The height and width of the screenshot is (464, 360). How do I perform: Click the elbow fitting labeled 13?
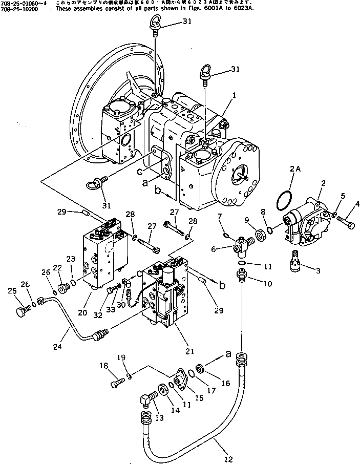click(x=145, y=401)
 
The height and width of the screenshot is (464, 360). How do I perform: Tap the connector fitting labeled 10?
click(x=241, y=275)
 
